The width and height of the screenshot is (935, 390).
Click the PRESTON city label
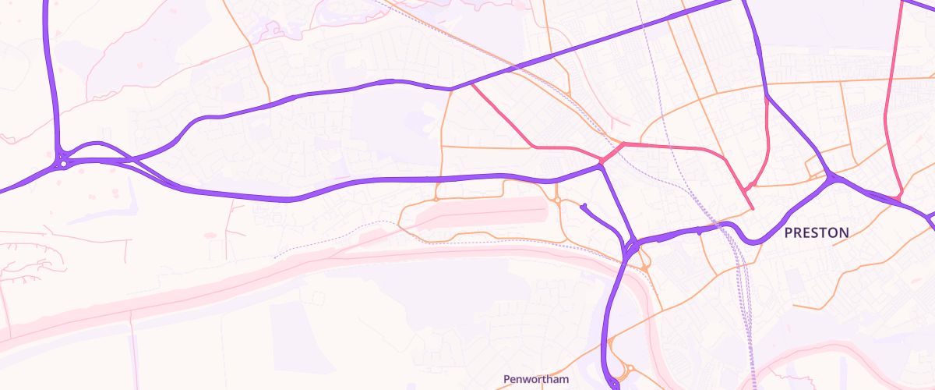(x=816, y=232)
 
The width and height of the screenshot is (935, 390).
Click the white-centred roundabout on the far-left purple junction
(x=62, y=164)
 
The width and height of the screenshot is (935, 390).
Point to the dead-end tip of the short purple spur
(x=582, y=206)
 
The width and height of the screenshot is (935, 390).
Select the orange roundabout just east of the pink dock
(x=558, y=200)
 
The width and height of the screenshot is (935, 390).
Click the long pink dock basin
(x=483, y=212)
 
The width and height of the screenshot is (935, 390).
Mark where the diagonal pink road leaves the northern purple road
(x=471, y=83)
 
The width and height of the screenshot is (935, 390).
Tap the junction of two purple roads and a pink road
(x=602, y=163)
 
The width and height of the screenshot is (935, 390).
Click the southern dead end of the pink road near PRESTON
(x=753, y=209)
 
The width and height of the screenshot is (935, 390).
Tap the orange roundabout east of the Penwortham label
(x=629, y=368)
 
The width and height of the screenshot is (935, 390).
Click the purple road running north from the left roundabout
(x=52, y=78)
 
